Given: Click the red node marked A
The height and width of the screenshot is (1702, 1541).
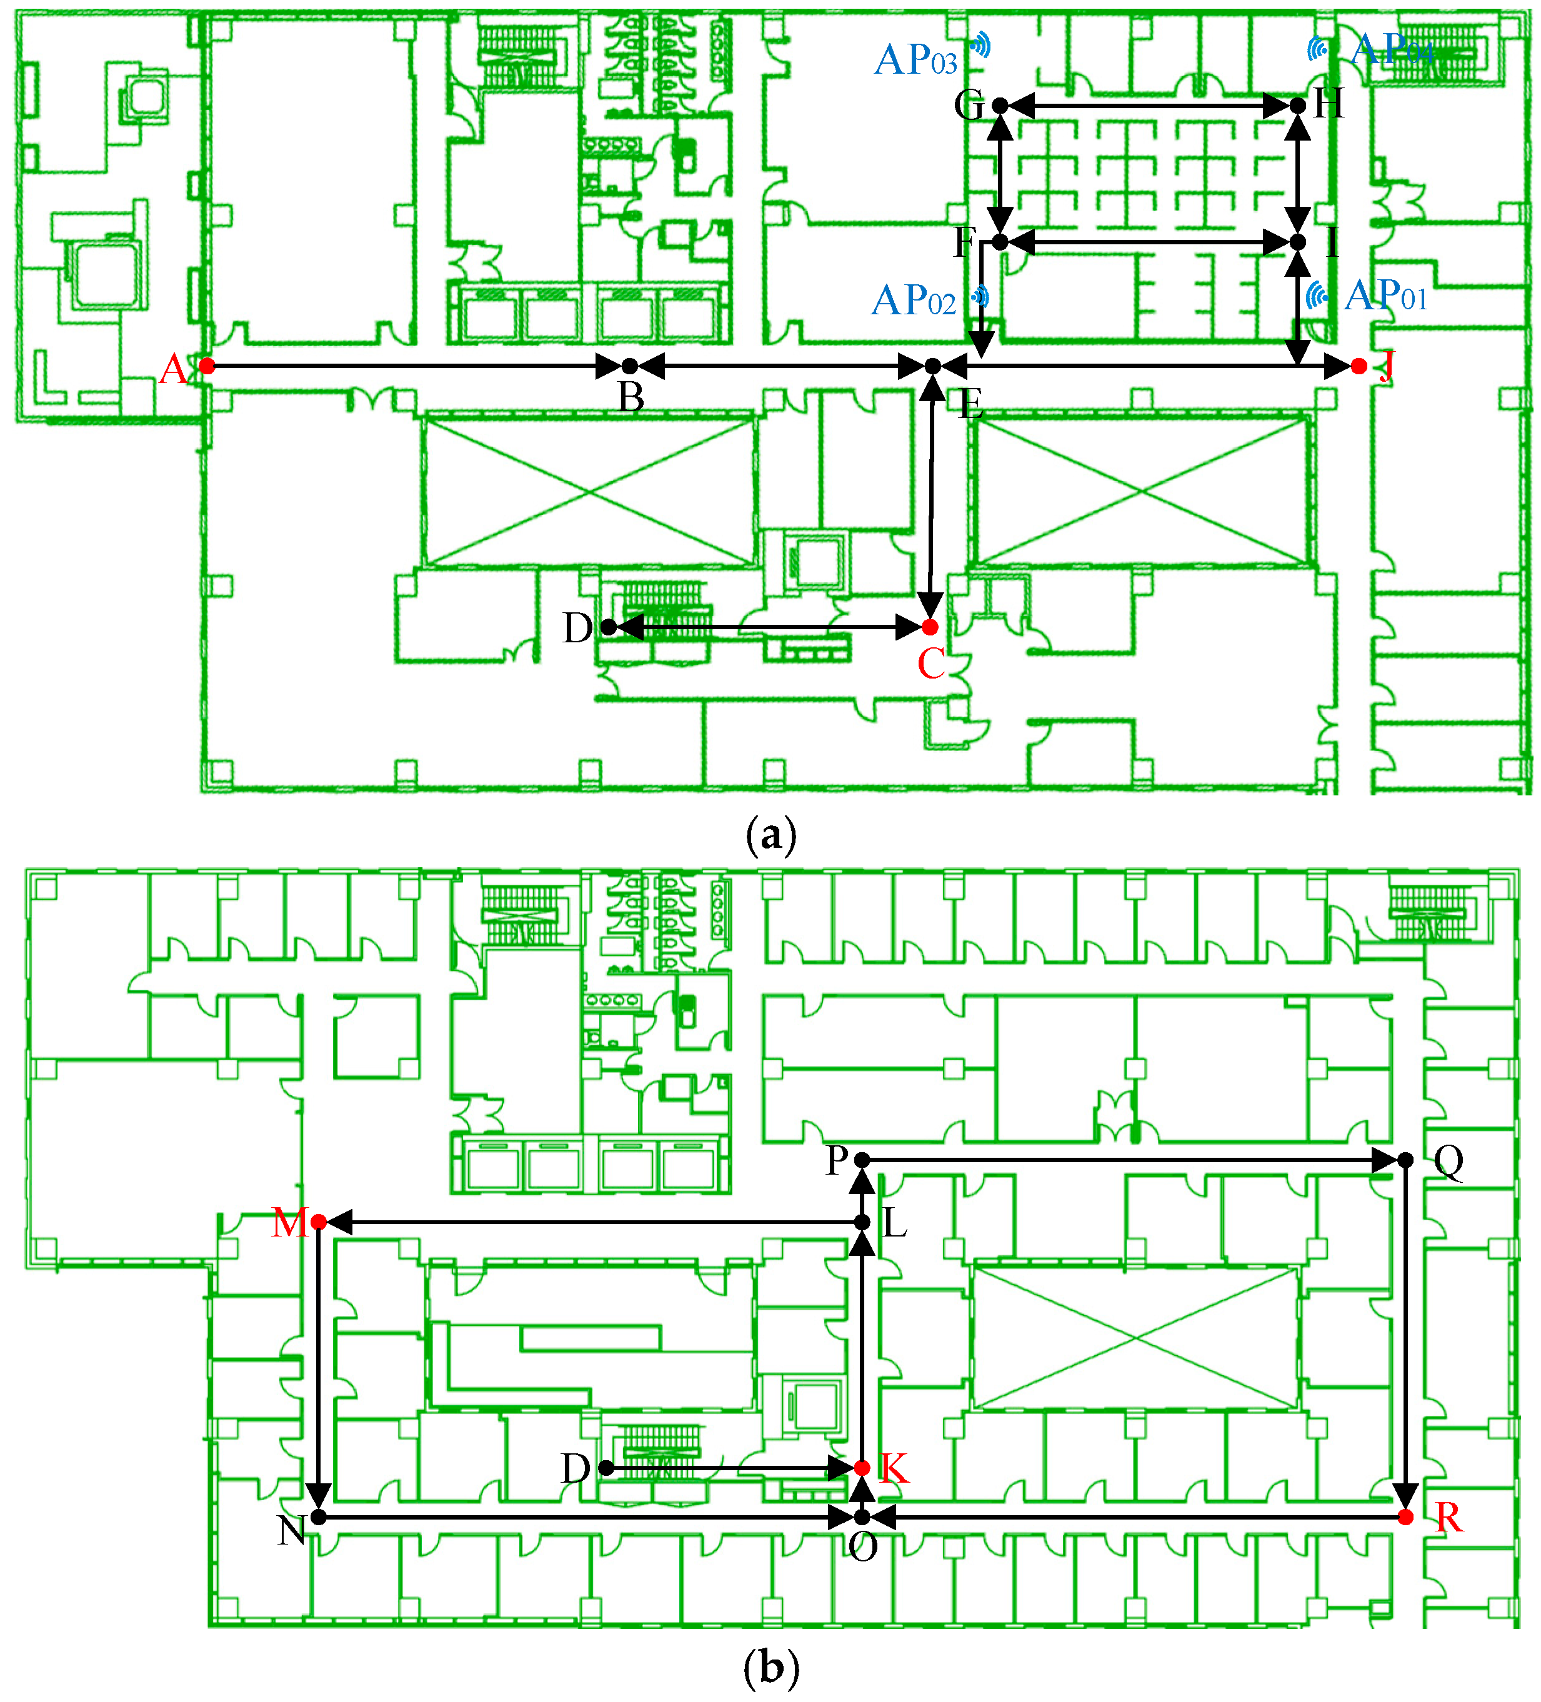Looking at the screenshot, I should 207,366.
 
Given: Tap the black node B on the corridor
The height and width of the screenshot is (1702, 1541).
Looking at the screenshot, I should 629,366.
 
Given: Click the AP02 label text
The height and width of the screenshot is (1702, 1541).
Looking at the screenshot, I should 914,301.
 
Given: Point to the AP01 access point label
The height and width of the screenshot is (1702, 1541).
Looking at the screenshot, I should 1385,296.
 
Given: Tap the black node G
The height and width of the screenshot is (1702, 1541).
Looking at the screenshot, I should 1000,106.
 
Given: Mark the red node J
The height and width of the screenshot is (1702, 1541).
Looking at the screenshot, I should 1358,366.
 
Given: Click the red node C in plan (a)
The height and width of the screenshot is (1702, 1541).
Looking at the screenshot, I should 930,627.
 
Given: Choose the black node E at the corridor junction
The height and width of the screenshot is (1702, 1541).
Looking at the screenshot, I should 933,366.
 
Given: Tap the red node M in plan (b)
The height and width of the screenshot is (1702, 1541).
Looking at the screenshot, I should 318,1222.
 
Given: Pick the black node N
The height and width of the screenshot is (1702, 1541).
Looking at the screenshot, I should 318,1517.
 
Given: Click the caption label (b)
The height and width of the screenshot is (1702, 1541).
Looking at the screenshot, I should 771,1668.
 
